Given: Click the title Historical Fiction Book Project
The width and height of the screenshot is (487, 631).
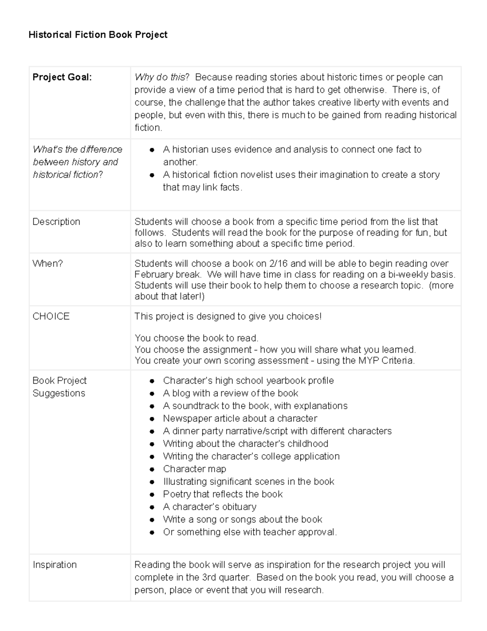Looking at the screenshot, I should click(98, 35).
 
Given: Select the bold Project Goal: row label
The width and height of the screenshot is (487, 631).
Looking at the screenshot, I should click(62, 77).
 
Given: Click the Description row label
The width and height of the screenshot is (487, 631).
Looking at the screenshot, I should click(56, 222).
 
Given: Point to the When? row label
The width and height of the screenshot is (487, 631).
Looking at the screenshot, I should click(47, 264).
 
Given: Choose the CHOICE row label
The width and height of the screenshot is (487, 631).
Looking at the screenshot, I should click(51, 317).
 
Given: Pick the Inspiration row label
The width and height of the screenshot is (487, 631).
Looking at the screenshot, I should click(55, 565).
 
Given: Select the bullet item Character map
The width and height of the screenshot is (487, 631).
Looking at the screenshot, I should click(194, 469).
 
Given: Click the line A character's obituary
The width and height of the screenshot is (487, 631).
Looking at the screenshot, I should click(209, 507).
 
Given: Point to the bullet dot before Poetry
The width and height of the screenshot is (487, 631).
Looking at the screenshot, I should click(152, 494).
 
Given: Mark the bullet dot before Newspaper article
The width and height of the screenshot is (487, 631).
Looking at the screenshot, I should click(152, 419).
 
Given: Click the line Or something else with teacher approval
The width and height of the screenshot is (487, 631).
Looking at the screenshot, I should click(250, 532).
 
